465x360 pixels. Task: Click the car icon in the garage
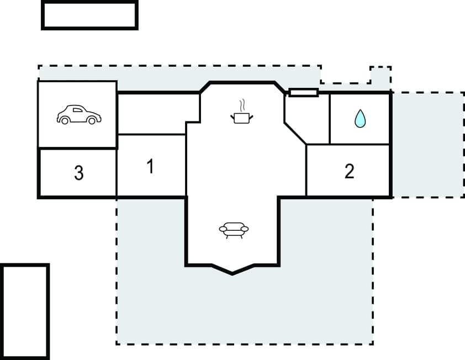79,114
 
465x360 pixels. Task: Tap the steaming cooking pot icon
241,117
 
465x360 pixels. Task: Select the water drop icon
360,118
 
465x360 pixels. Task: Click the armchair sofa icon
234,229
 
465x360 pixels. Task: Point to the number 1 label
150,166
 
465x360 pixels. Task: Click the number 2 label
349,171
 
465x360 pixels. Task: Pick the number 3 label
79,173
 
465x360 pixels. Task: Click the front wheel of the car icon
65,120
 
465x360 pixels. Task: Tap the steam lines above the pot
241,105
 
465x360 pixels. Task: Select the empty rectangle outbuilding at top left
89,15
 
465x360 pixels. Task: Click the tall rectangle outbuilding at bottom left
25,311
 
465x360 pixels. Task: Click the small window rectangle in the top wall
304,92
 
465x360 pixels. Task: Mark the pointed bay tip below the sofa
232,273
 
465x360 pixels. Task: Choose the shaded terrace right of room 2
428,145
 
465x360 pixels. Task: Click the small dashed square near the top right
380,76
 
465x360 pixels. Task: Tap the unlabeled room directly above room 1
157,114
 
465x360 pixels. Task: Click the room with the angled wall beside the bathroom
304,119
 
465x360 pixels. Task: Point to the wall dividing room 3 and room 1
117,172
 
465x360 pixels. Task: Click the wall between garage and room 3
77,148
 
